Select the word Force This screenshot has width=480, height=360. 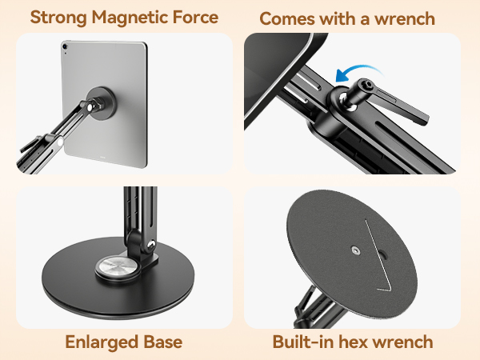[190, 17]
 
